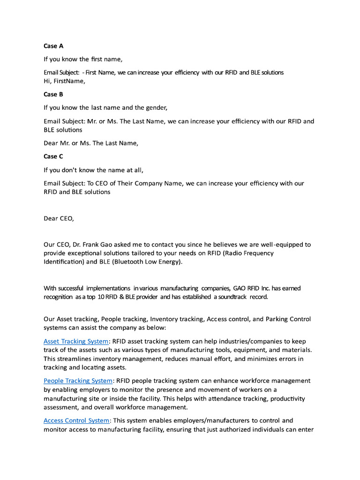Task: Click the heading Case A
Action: point(53,46)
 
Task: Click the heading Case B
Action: point(53,94)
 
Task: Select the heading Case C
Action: point(53,156)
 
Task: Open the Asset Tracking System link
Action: point(76,341)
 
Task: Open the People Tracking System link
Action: point(78,381)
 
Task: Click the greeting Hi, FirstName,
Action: point(65,81)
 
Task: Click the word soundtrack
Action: point(230,297)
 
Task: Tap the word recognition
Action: point(59,297)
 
